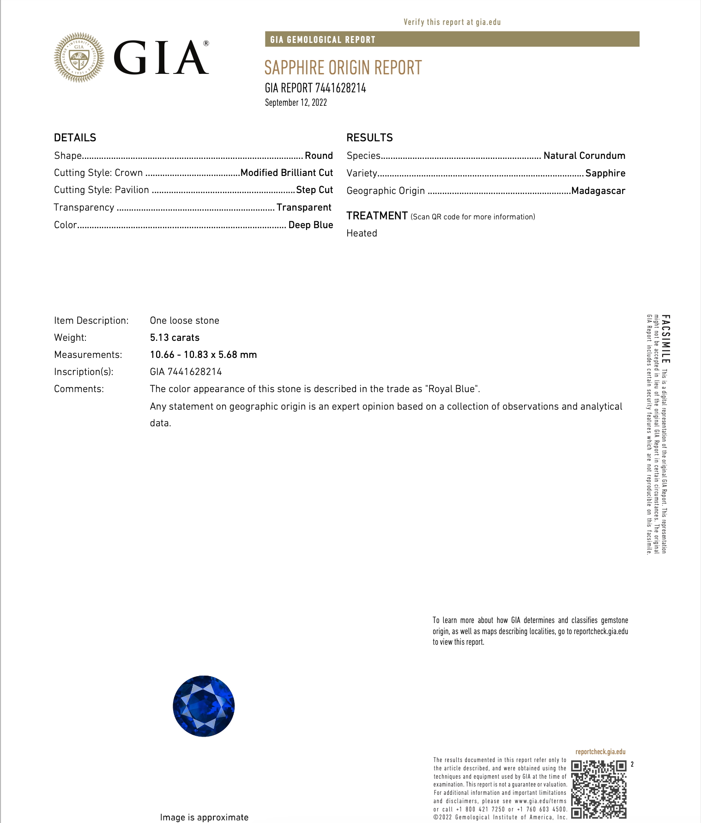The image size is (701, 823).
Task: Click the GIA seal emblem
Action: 79,58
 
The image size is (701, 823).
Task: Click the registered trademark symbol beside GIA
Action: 206,43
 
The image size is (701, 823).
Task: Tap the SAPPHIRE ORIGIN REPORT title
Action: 343,68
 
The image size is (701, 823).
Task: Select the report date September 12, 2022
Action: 296,103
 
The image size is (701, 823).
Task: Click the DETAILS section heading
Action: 75,138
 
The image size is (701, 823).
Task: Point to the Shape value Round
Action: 319,156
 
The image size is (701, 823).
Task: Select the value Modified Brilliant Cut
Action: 287,173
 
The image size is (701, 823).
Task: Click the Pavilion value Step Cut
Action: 314,190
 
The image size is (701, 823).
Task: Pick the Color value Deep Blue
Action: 311,225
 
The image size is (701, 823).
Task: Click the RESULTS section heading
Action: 369,138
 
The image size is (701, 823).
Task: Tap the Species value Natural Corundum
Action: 584,156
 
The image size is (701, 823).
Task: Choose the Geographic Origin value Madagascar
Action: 598,191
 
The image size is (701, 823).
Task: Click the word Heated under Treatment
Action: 362,233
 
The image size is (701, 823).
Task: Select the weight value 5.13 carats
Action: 175,338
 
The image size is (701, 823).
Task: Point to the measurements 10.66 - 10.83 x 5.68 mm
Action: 203,355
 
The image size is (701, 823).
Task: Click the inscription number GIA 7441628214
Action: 186,372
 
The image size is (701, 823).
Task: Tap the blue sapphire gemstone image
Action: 204,706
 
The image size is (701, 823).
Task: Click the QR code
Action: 599,789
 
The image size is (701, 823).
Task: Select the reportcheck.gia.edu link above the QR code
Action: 600,752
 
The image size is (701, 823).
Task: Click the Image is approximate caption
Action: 204,817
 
